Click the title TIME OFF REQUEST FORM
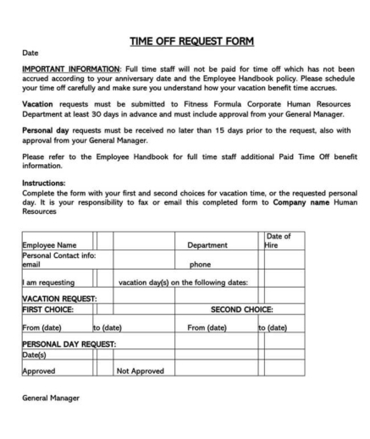coord(191,41)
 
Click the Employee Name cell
coord(49,246)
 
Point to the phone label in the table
coord(200,264)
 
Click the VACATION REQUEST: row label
coord(59,299)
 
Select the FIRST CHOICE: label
coord(50,310)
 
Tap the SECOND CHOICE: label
coord(246,310)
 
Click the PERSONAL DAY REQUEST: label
coord(69,344)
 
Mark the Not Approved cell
coord(140,370)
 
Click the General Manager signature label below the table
coord(51,398)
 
